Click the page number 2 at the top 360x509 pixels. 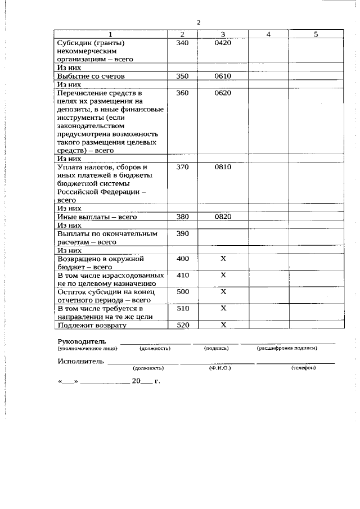(x=199, y=22)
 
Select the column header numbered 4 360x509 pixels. (x=268, y=34)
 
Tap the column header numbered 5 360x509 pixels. (x=316, y=34)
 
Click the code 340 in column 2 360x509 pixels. (x=182, y=43)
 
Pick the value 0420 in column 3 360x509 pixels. (x=223, y=43)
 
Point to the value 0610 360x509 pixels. (x=223, y=76)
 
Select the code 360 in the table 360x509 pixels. (x=182, y=93)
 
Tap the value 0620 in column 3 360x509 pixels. (x=223, y=93)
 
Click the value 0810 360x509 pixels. (x=223, y=167)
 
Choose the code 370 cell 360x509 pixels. (x=182, y=167)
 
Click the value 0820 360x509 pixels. (x=223, y=217)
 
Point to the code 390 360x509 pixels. (x=182, y=233)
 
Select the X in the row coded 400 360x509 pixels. (x=223, y=259)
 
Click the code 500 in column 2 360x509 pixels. (x=182, y=292)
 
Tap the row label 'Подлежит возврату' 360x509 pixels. (x=92, y=325)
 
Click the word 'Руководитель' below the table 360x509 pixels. (x=81, y=341)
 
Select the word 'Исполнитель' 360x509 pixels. (x=80, y=361)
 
